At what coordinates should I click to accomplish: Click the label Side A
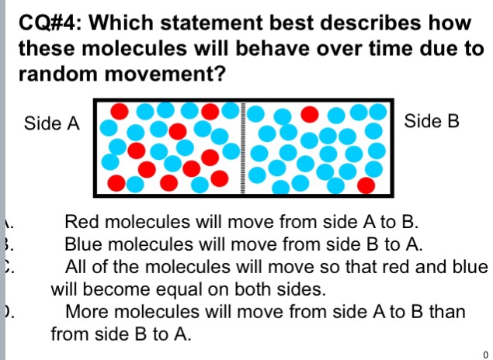[x=52, y=123]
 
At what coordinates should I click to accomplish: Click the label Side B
[x=432, y=122]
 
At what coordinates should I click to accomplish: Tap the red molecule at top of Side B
[x=310, y=114]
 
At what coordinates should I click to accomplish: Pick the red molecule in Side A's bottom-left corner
[x=116, y=183]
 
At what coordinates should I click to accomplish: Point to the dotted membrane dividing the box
[x=244, y=147]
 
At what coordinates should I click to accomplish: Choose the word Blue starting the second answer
[x=85, y=245]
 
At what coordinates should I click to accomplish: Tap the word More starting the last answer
[x=88, y=313]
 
